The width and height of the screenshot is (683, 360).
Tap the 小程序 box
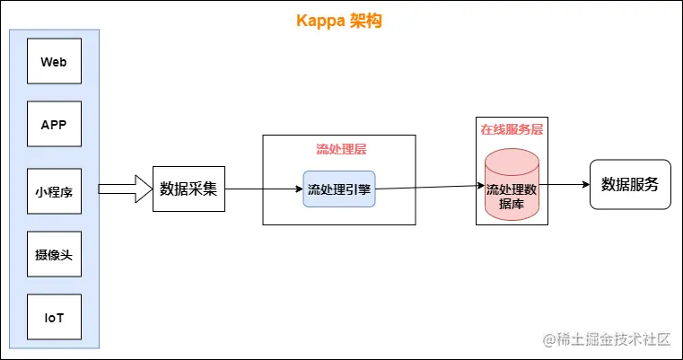point(54,191)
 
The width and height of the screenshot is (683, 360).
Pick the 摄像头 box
point(54,255)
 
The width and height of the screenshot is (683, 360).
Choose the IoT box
point(54,319)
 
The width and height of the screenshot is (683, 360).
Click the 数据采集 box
point(188,189)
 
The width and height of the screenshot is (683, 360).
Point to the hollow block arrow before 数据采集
point(124,189)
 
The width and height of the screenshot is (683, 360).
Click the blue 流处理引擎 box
point(338,189)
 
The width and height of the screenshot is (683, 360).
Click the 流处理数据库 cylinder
point(512,193)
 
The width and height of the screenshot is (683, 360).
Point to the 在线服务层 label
point(512,129)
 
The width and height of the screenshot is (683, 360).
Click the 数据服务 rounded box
point(630,185)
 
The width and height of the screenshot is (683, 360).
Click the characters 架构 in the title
point(370,21)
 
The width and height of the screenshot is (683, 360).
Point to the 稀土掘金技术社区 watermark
point(614,338)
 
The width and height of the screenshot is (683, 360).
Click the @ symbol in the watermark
point(548,338)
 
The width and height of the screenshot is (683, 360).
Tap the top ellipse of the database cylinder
point(512,160)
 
